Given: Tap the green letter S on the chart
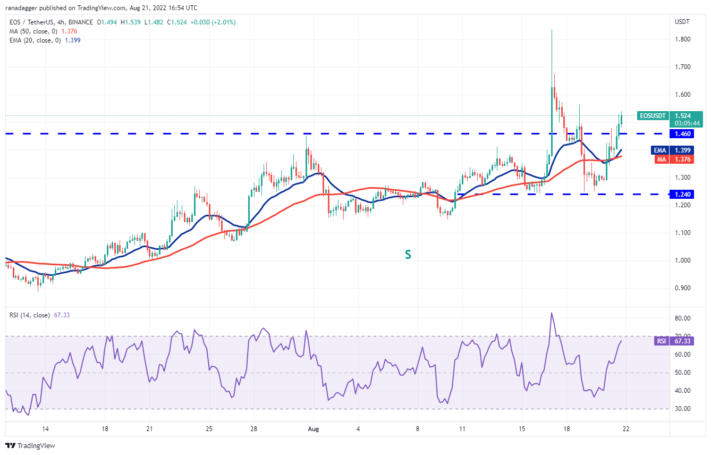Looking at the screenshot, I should pos(408,255).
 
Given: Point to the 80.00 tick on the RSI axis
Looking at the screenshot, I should pos(683,318).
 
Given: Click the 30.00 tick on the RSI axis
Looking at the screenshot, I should pos(683,409).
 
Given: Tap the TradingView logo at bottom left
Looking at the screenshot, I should pos(30,445).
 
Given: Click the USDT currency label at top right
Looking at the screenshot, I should pos(682,22).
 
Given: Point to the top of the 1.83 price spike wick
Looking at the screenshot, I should pos(552,30).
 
